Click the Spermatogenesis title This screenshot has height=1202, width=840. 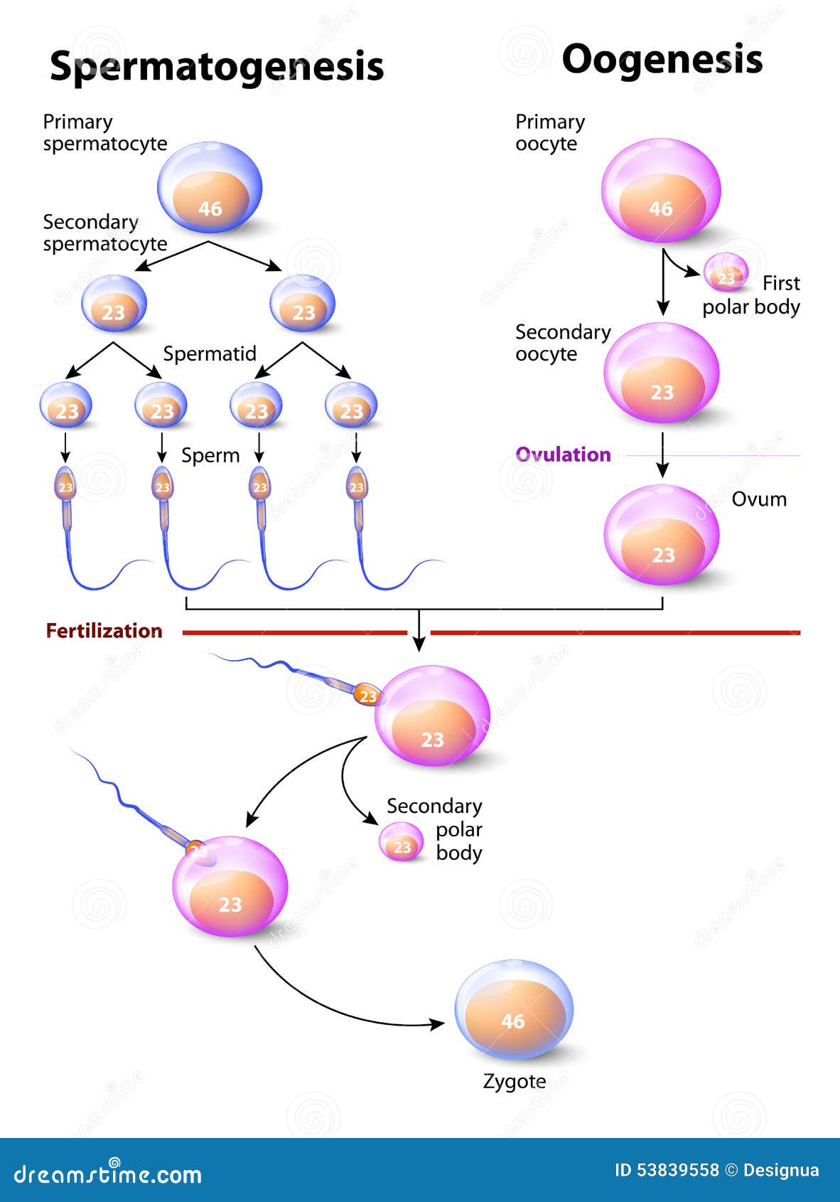(x=217, y=66)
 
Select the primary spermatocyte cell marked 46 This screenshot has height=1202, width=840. (x=210, y=188)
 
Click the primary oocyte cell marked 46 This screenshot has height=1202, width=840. (x=661, y=191)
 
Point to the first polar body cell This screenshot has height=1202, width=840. (x=726, y=272)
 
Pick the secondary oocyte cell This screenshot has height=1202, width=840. (x=662, y=373)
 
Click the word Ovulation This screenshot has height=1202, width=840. (x=563, y=454)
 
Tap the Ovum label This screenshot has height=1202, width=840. (x=759, y=499)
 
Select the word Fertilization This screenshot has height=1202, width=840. (x=104, y=631)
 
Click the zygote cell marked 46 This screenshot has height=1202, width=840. (x=513, y=1010)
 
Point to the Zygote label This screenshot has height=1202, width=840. (x=514, y=1081)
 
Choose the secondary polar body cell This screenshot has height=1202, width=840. (x=402, y=842)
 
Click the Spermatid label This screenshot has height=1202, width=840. (x=210, y=353)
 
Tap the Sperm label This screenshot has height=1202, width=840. (x=210, y=455)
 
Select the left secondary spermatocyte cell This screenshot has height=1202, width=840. (x=114, y=304)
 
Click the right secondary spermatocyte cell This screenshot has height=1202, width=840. (x=303, y=304)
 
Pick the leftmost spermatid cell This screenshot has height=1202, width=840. (x=66, y=405)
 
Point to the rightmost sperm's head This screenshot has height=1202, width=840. (x=356, y=486)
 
